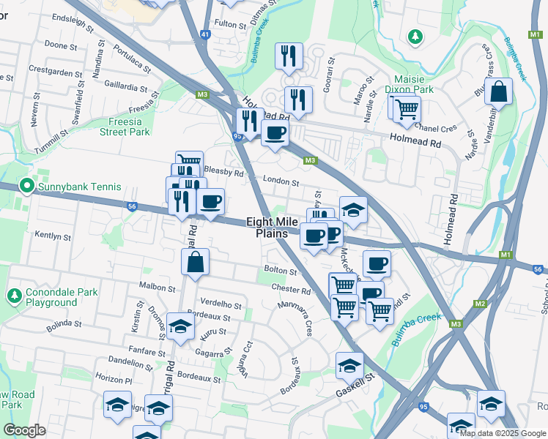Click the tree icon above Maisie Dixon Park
tap(415, 36)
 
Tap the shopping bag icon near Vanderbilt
tap(497, 92)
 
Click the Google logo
tap(25, 430)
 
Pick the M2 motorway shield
tap(481, 304)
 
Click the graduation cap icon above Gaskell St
tap(349, 365)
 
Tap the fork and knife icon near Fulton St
tap(289, 56)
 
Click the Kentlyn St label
tap(53, 236)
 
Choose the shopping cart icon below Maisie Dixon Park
tap(407, 110)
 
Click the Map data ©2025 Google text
tap(502, 433)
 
